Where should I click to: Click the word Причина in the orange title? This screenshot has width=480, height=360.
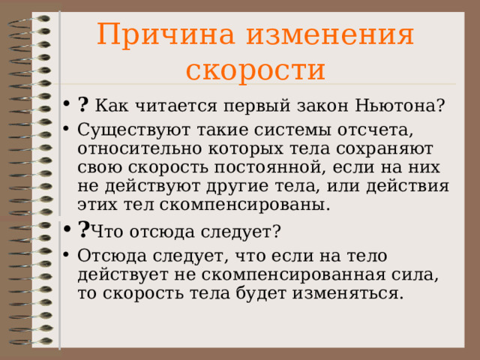click(x=166, y=34)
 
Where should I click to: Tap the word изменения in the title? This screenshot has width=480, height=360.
click(x=330, y=34)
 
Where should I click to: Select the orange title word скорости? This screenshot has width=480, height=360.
click(x=256, y=70)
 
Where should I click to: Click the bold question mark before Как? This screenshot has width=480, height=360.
click(x=83, y=104)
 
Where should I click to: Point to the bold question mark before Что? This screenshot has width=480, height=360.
click(x=84, y=229)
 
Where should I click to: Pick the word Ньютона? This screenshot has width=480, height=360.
click(x=400, y=105)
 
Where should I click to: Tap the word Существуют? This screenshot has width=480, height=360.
click(x=133, y=130)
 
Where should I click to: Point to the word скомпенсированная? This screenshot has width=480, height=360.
click(x=293, y=275)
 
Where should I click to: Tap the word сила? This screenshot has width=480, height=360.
click(x=415, y=275)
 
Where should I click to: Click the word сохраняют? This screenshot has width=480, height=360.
click(x=384, y=149)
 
